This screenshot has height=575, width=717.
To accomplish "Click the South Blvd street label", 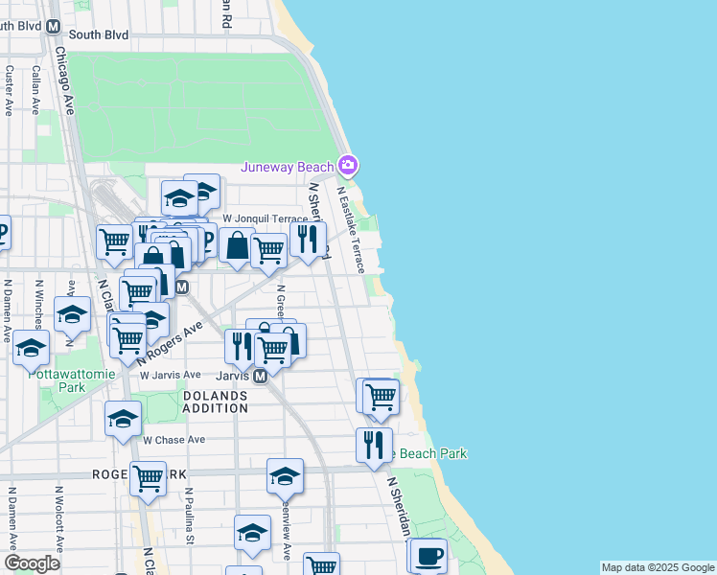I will pyautogui.click(x=99, y=34).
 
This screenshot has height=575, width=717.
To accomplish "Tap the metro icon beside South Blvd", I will pyautogui.click(x=54, y=30).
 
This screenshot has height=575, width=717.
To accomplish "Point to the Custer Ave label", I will pyautogui.click(x=9, y=91).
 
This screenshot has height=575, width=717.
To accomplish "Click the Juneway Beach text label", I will pyautogui.click(x=287, y=167).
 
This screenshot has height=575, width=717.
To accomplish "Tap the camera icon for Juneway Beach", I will pyautogui.click(x=347, y=166).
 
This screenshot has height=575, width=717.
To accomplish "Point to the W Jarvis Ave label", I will pyautogui.click(x=171, y=375).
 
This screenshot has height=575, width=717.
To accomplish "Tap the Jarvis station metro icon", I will pyautogui.click(x=260, y=378).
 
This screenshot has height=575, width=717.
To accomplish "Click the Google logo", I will pyautogui.click(x=32, y=563).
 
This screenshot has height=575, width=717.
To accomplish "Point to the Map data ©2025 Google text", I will pyautogui.click(x=658, y=567).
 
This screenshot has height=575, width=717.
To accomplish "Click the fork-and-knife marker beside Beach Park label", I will pyautogui.click(x=374, y=444).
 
